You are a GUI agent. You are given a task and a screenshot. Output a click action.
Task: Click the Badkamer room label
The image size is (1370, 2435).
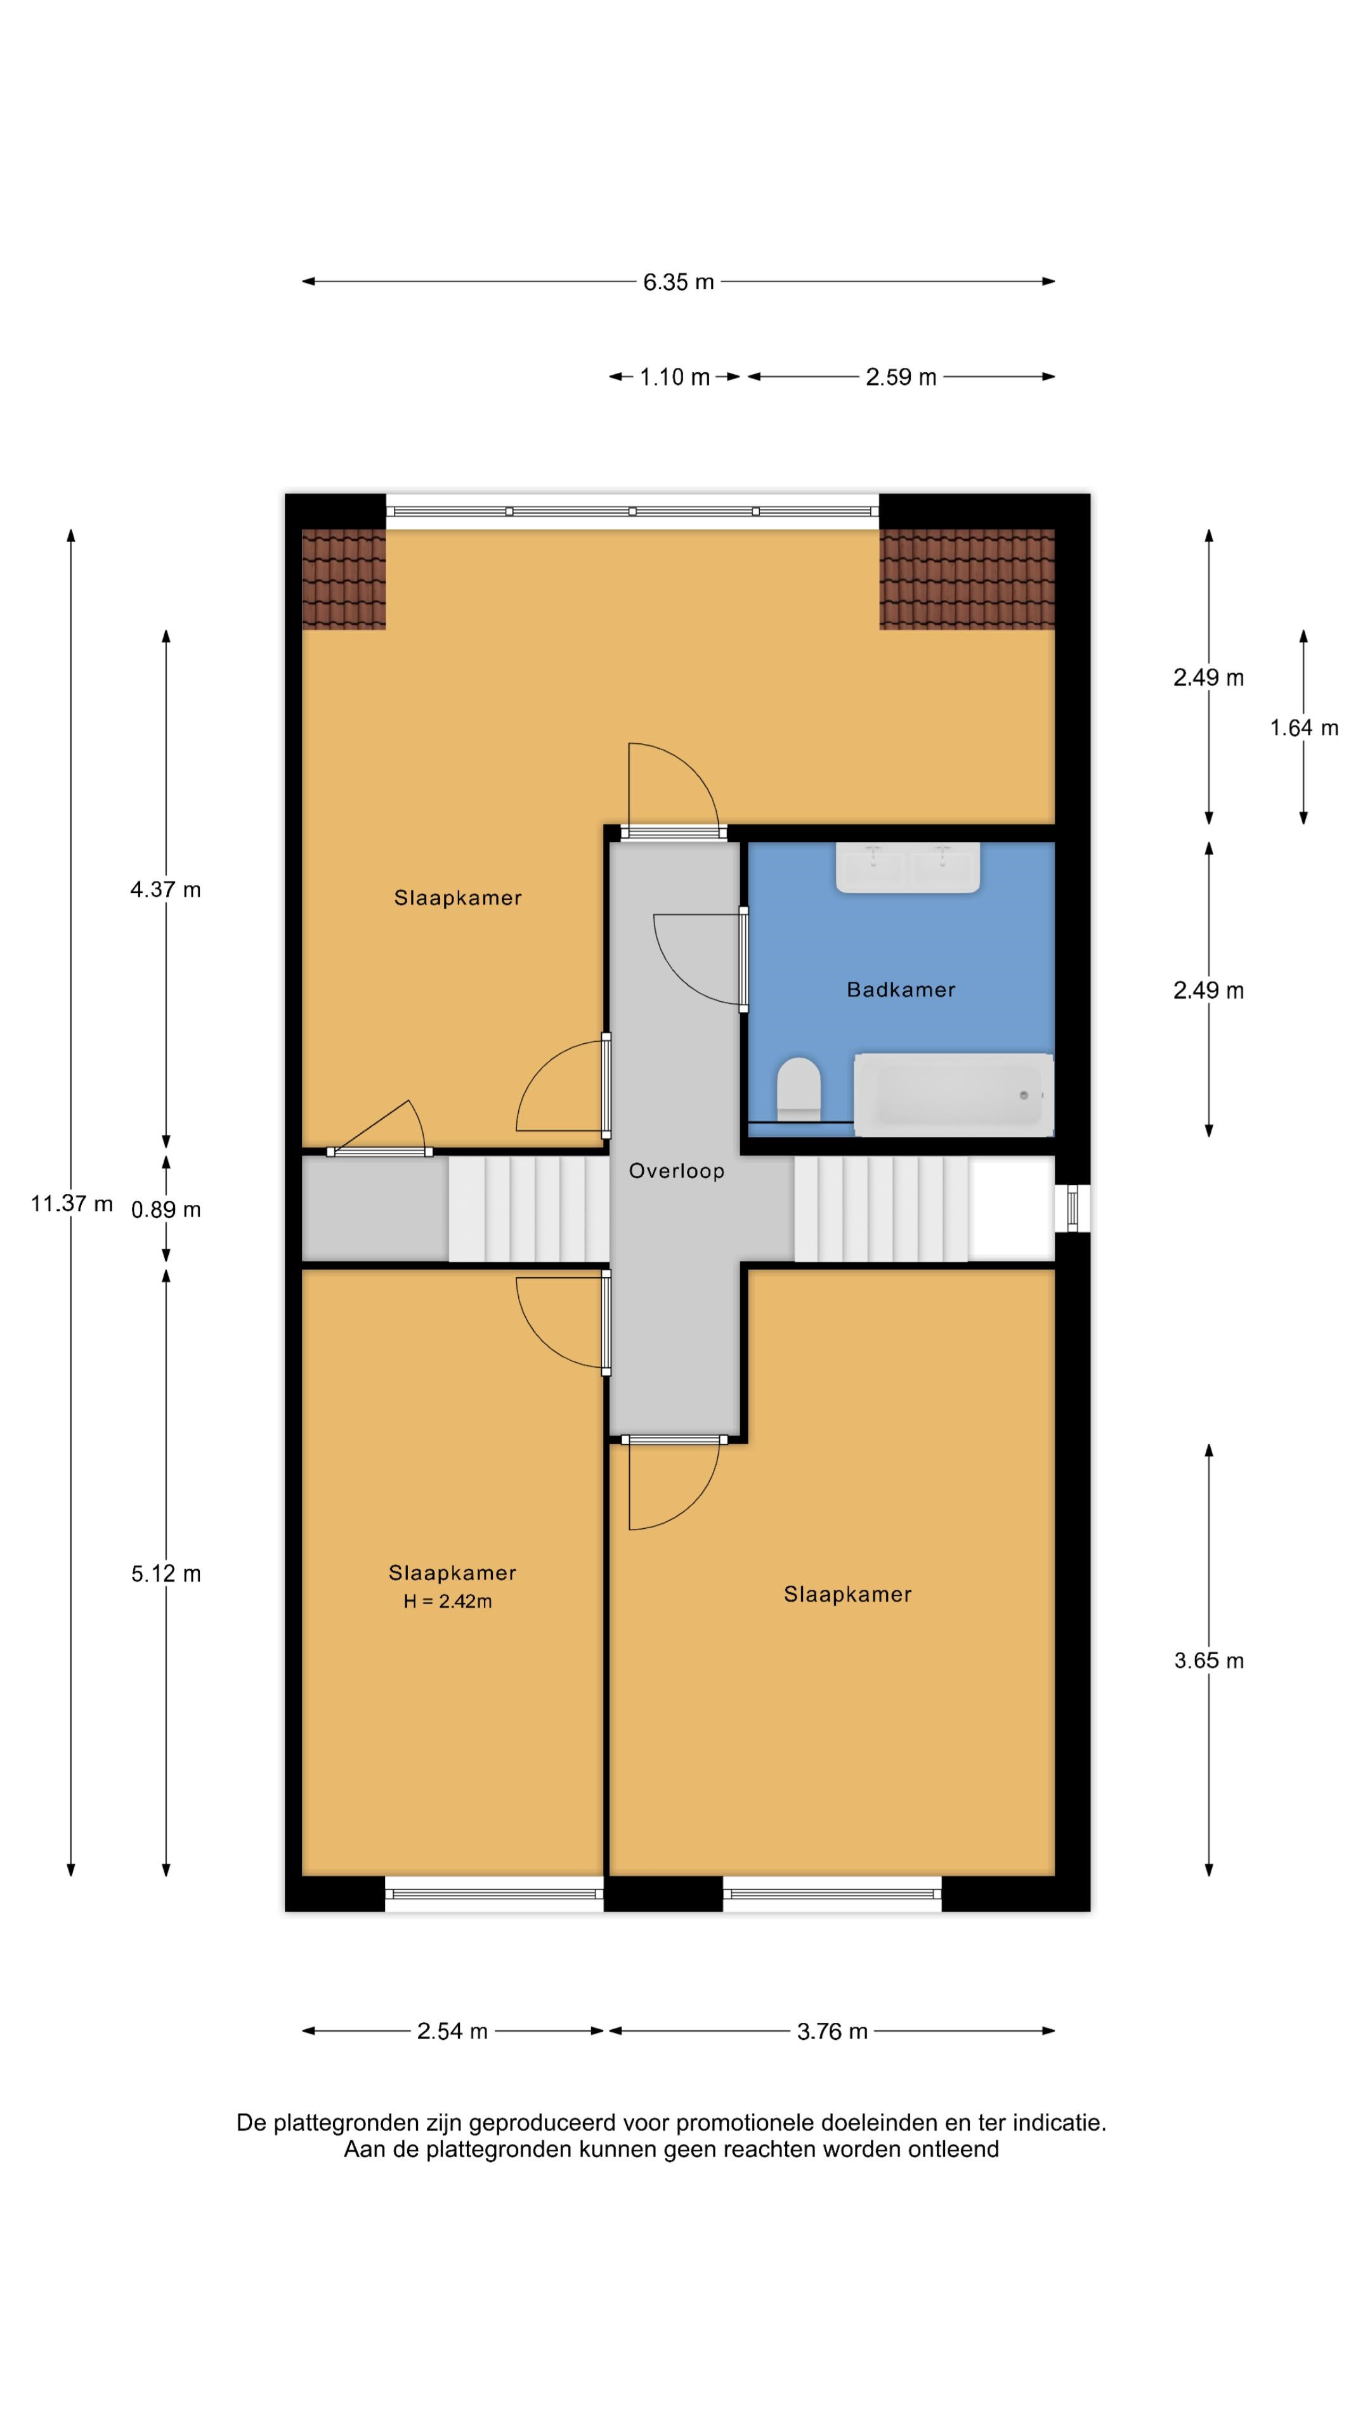pyautogui.click(x=900, y=990)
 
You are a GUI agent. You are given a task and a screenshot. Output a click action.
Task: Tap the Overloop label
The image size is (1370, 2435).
pyautogui.click(x=677, y=1171)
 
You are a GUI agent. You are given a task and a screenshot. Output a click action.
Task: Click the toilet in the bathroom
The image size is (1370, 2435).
pyautogui.click(x=799, y=1089)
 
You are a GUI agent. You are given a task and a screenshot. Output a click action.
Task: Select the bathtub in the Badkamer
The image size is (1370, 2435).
pyautogui.click(x=953, y=1094)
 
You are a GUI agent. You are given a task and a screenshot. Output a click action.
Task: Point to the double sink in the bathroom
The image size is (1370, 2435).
pyautogui.click(x=908, y=867)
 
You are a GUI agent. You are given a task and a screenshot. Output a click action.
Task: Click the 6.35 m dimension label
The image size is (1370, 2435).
pyautogui.click(x=679, y=282)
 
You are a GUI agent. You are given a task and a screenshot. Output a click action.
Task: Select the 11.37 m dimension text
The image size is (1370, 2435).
pyautogui.click(x=72, y=1204)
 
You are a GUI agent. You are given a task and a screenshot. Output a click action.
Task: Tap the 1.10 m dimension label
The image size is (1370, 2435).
pyautogui.click(x=674, y=377)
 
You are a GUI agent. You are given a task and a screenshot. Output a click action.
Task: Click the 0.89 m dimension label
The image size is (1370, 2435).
pyautogui.click(x=166, y=1210)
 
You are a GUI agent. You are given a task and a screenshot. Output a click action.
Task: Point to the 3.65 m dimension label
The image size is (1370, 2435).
pyautogui.click(x=1208, y=1661)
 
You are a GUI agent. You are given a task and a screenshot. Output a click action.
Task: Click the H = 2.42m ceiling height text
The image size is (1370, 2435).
pyautogui.click(x=447, y=1601)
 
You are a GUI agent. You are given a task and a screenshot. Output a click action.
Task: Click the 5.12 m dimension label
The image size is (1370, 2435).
pyautogui.click(x=166, y=1574)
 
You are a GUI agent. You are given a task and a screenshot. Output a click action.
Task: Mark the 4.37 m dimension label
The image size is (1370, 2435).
pyautogui.click(x=166, y=890)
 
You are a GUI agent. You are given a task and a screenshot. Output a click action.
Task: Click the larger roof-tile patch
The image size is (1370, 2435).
pyautogui.click(x=966, y=578)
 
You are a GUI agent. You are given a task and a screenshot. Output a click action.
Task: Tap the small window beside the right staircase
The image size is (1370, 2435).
pyautogui.click(x=1072, y=1208)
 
